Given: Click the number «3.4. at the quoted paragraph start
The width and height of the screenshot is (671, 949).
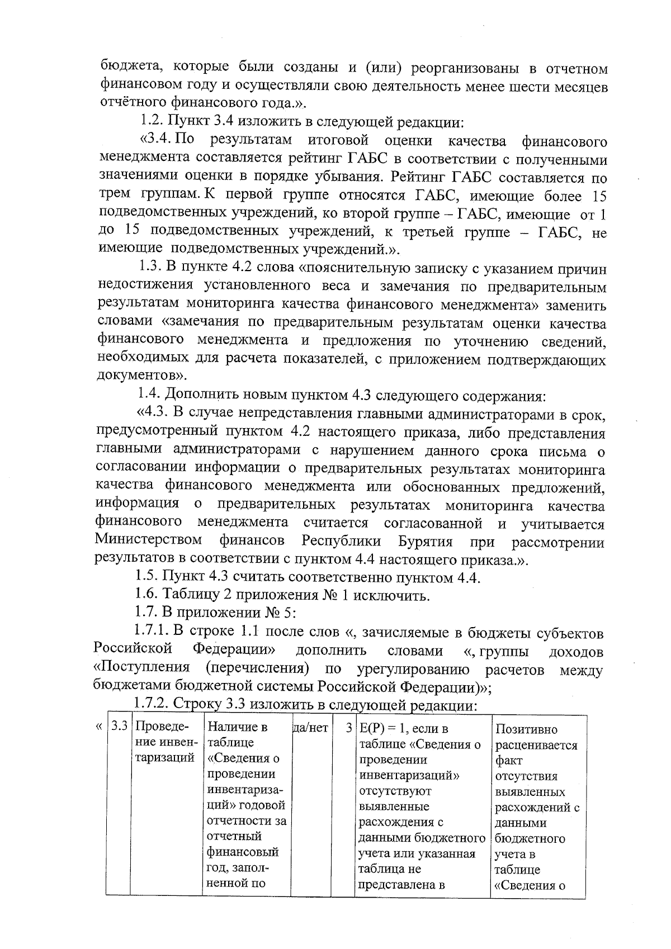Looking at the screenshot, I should pos(157,140).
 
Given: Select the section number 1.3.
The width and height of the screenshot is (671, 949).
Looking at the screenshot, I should pos(152,269).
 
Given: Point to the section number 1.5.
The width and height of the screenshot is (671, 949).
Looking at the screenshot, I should pos(148,577).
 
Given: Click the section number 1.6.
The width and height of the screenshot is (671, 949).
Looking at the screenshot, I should pos(148,595).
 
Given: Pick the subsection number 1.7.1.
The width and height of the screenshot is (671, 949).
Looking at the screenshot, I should pos(153,632).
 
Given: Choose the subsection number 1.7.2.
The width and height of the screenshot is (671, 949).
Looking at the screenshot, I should pos(154,705).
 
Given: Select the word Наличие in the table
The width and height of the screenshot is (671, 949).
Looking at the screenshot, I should pos(231,728).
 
